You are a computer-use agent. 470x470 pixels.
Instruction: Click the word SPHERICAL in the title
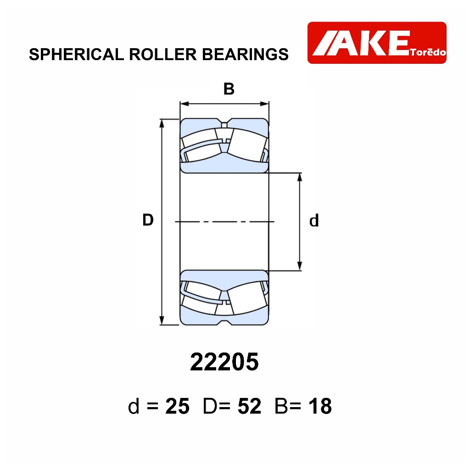coord(77,54)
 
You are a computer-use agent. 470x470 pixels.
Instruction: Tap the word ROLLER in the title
coord(163,54)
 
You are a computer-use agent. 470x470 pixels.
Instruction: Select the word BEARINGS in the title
coord(245,54)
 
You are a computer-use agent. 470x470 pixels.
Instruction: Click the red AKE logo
coord(377,43)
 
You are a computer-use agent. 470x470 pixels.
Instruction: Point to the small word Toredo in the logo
coord(428,52)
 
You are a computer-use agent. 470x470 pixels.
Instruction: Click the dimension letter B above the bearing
coord(229,89)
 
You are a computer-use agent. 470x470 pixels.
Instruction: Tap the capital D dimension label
coord(148,220)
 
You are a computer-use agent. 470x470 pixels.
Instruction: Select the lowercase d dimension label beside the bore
coord(314,221)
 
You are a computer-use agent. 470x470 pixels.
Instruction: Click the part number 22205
coord(224,362)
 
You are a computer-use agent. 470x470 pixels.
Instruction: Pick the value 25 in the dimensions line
coord(178,406)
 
